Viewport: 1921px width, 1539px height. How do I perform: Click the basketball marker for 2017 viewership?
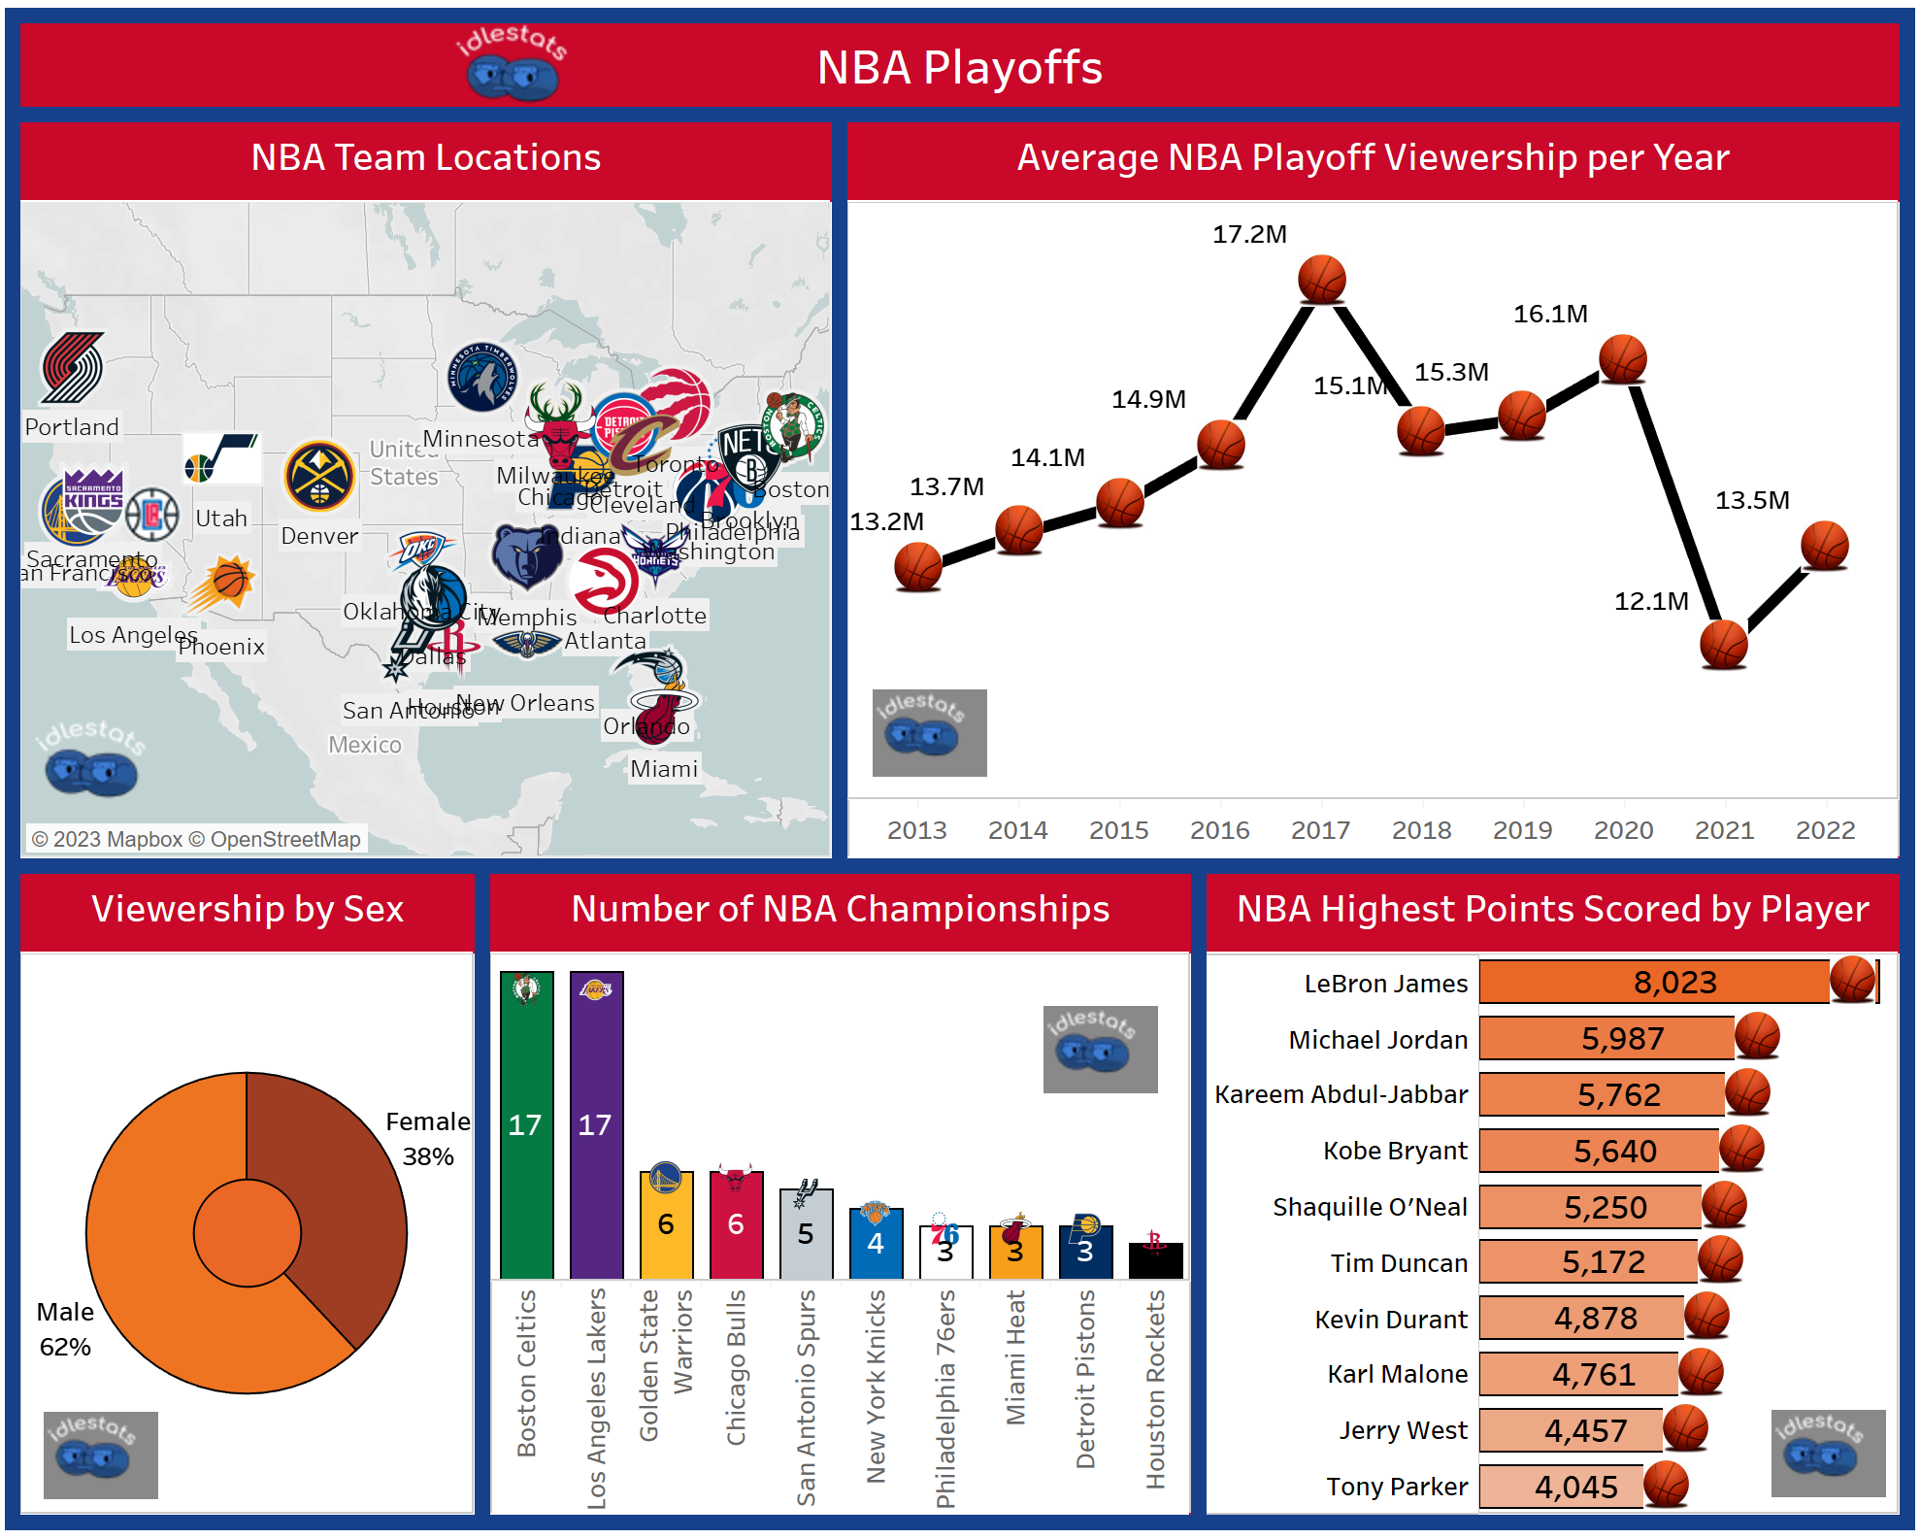(x=1321, y=280)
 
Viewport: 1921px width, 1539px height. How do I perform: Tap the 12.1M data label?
(x=1650, y=601)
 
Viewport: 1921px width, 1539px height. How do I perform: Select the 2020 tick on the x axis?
(x=1623, y=830)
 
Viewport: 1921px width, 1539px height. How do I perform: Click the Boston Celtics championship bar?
(x=526, y=1126)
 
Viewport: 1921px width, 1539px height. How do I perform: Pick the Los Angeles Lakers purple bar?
(x=596, y=1126)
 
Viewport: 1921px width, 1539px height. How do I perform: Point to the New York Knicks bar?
(x=876, y=1244)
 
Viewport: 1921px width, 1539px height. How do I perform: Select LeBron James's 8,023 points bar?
(x=1654, y=983)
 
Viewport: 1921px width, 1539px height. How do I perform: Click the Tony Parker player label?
(x=1397, y=1487)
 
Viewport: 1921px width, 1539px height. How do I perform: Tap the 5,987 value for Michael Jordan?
(x=1622, y=1039)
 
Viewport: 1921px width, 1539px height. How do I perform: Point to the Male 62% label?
(x=65, y=1329)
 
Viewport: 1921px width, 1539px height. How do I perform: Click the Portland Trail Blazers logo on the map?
(x=73, y=368)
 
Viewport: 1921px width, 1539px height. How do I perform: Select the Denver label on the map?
(x=319, y=536)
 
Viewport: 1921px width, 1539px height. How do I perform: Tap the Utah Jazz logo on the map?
(x=222, y=458)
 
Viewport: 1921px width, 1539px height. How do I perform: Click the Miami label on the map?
(x=664, y=769)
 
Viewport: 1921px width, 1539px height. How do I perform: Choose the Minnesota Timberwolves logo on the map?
(x=481, y=377)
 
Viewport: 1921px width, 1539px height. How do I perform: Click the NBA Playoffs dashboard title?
(x=959, y=67)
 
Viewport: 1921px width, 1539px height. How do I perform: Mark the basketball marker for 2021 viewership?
(x=1724, y=645)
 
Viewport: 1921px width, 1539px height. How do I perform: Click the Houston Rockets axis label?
(x=1155, y=1388)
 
